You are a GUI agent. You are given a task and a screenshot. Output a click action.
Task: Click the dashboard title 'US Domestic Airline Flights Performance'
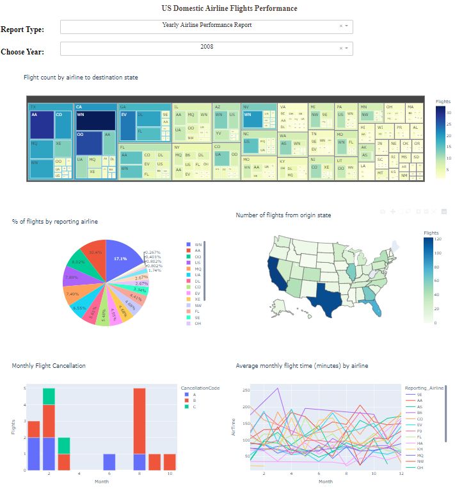click(x=229, y=8)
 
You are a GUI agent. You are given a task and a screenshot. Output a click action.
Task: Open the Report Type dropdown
click(x=206, y=26)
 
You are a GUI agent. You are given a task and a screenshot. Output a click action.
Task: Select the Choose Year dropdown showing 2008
click(x=206, y=47)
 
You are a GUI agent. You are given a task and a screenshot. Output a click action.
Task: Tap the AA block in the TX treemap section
click(x=42, y=124)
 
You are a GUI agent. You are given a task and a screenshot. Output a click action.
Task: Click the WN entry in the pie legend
click(x=197, y=245)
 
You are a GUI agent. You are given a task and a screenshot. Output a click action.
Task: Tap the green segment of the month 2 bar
click(x=49, y=396)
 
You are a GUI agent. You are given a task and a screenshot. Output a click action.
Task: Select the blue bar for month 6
click(x=109, y=462)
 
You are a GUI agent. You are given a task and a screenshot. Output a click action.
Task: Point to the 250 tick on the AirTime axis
click(x=245, y=390)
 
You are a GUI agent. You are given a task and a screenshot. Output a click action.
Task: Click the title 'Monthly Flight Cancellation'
click(x=49, y=365)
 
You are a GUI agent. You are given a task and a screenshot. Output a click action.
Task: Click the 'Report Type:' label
click(x=22, y=30)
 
